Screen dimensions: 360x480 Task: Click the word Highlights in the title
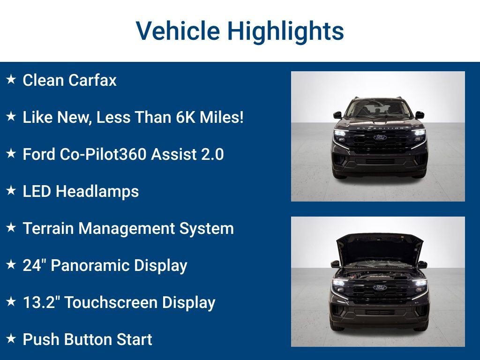pyautogui.click(x=285, y=31)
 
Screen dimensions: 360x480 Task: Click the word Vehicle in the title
pyautogui.click(x=178, y=31)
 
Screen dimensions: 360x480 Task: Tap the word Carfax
pyautogui.click(x=92, y=80)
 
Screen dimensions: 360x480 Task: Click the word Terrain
pyautogui.click(x=48, y=228)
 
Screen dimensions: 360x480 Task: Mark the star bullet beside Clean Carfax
pyautogui.click(x=11, y=80)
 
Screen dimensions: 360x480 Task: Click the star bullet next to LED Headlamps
pyautogui.click(x=11, y=191)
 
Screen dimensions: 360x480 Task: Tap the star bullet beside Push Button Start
pyautogui.click(x=11, y=339)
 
